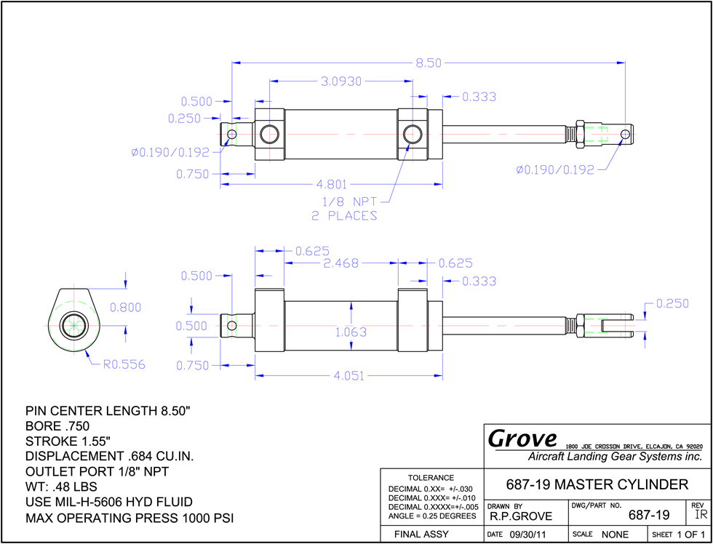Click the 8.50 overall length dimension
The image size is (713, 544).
(428, 63)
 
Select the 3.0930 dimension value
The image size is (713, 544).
(341, 81)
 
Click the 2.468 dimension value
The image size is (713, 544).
(340, 263)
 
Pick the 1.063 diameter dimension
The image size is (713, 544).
(351, 332)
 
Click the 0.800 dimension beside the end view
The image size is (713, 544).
(125, 307)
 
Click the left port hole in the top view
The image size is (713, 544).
(270, 134)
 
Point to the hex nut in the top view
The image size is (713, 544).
(580, 134)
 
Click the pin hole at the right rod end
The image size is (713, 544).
(626, 134)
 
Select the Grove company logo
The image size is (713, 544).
(522, 439)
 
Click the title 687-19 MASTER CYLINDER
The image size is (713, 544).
(597, 484)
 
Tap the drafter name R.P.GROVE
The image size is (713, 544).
(521, 516)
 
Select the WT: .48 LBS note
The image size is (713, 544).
(61, 487)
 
